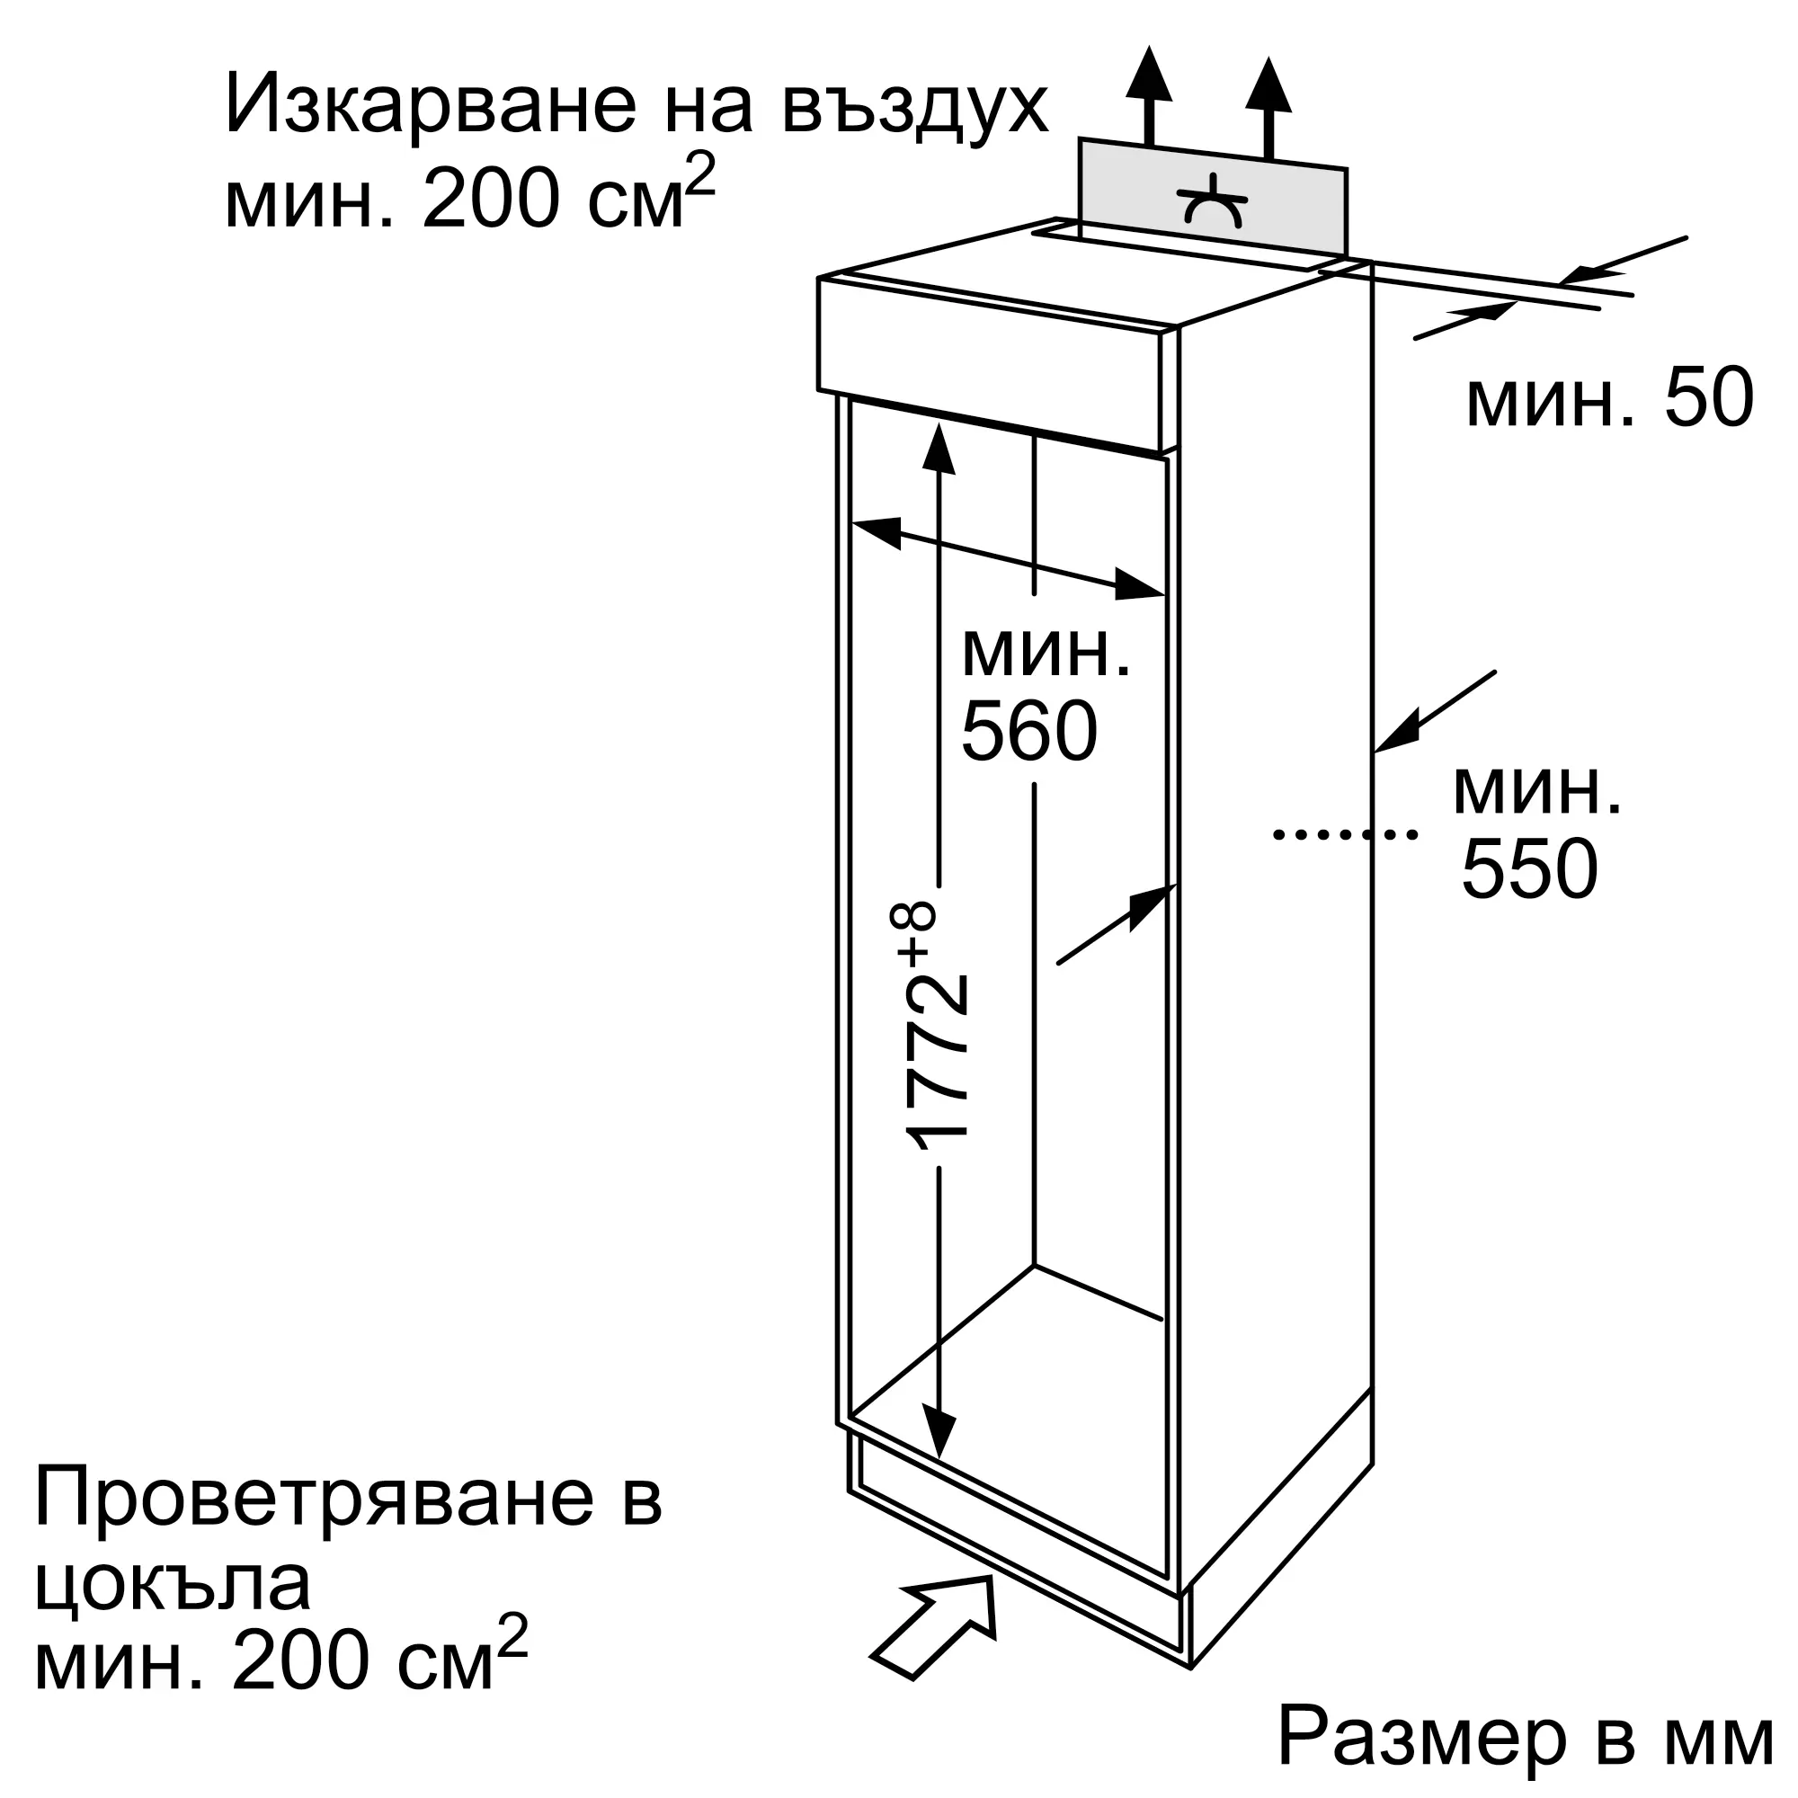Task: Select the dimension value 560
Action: pos(1028,732)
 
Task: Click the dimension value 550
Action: pos(1530,869)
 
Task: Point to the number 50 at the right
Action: pos(1708,397)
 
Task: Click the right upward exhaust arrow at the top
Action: pos(1268,102)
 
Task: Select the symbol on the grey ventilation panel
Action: pos(1212,202)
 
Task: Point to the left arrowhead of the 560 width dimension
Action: pos(875,531)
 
